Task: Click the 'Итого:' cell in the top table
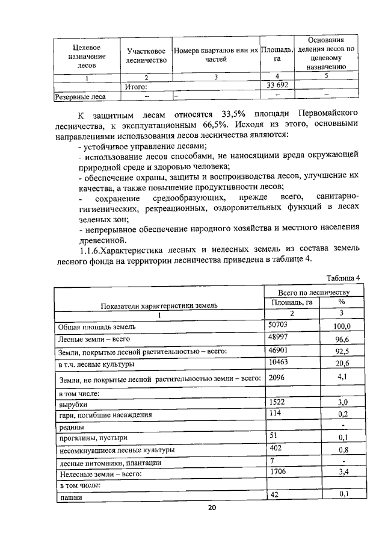coord(136,86)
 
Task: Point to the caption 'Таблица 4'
coord(342,278)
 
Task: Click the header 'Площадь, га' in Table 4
coord(291,302)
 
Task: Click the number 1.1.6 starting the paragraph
coord(92,249)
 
